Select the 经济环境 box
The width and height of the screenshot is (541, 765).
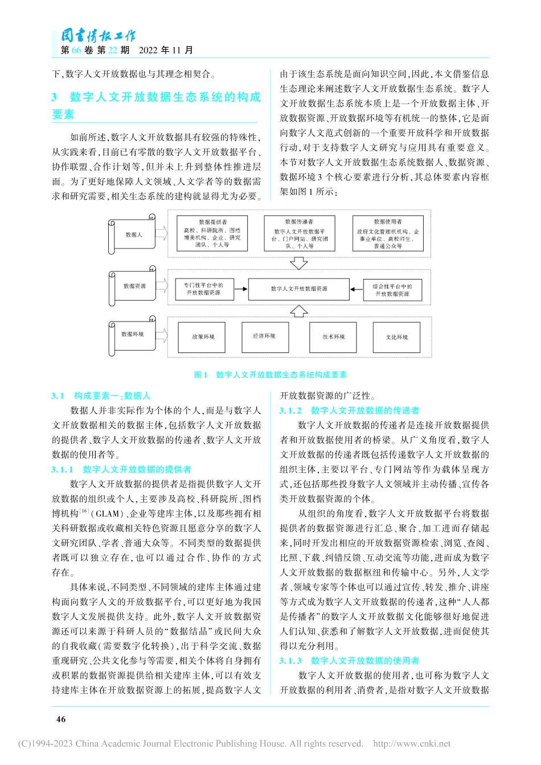(265, 336)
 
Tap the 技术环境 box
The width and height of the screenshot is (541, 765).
(333, 337)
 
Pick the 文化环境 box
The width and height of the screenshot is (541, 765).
(396, 338)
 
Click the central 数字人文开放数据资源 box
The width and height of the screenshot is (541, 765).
(299, 289)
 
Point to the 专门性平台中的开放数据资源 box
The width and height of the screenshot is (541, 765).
(203, 289)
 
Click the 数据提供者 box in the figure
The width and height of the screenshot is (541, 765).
(212, 233)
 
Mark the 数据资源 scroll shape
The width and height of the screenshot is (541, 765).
(134, 287)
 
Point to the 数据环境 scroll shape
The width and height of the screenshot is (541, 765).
(133, 335)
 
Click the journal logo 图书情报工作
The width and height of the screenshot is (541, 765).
(98, 36)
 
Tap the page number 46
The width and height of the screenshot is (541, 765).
(61, 719)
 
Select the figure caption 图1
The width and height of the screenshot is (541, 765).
(201, 375)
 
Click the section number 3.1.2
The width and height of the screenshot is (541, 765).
(290, 410)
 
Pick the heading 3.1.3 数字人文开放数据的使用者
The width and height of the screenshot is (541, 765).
(349, 661)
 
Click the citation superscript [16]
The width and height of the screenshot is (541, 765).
(84, 511)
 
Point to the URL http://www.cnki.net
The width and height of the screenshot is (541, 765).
(412, 743)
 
